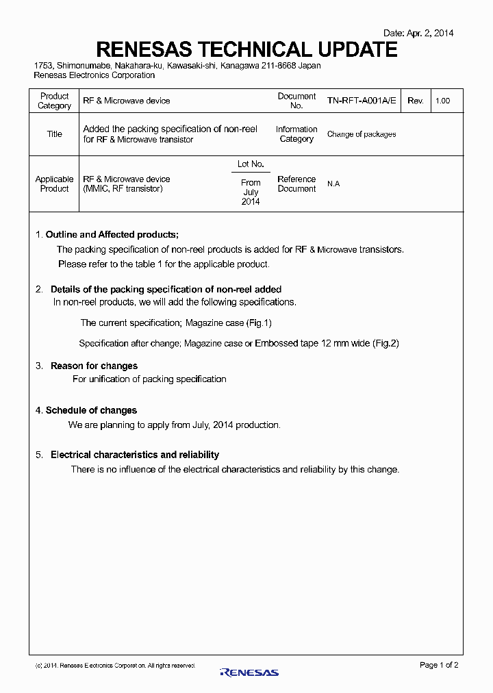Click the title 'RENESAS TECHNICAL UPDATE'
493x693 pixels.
(246, 49)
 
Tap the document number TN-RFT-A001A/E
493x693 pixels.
(361, 101)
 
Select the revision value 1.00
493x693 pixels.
(442, 101)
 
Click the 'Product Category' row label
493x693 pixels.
(54, 101)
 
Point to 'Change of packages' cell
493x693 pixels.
(361, 134)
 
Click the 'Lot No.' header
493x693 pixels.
(251, 164)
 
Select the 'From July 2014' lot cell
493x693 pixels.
(251, 192)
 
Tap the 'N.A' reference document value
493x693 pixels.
(333, 184)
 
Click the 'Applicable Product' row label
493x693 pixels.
(54, 184)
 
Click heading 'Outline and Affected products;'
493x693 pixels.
(112, 235)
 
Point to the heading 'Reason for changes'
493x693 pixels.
(94, 366)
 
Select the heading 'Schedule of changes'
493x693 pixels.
(91, 411)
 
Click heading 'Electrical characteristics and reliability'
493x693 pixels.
(135, 455)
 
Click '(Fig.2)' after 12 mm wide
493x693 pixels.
(385, 344)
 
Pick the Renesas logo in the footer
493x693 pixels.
(249, 672)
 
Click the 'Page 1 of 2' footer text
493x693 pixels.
(438, 665)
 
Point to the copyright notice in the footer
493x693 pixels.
(115, 666)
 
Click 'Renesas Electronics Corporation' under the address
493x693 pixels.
(94, 75)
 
